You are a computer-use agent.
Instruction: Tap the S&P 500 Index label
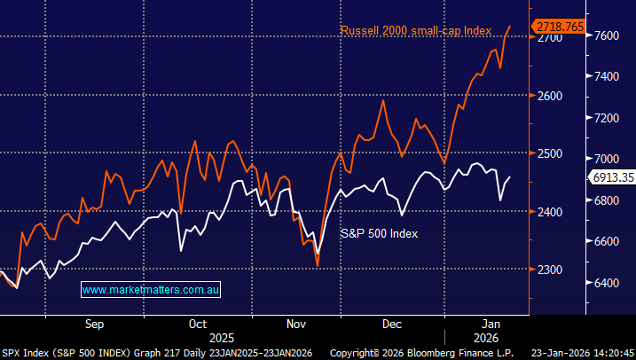pos(379,233)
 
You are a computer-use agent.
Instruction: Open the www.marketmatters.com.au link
pos(151,290)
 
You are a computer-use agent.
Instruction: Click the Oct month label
pos(198,324)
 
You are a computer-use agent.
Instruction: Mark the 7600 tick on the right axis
pos(608,35)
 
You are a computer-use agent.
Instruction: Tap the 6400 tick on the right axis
pos(608,283)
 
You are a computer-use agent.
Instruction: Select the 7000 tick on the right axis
pos(608,159)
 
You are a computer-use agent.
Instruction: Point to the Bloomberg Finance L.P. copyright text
pos(443,352)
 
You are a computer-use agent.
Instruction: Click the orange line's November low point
pos(318,263)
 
